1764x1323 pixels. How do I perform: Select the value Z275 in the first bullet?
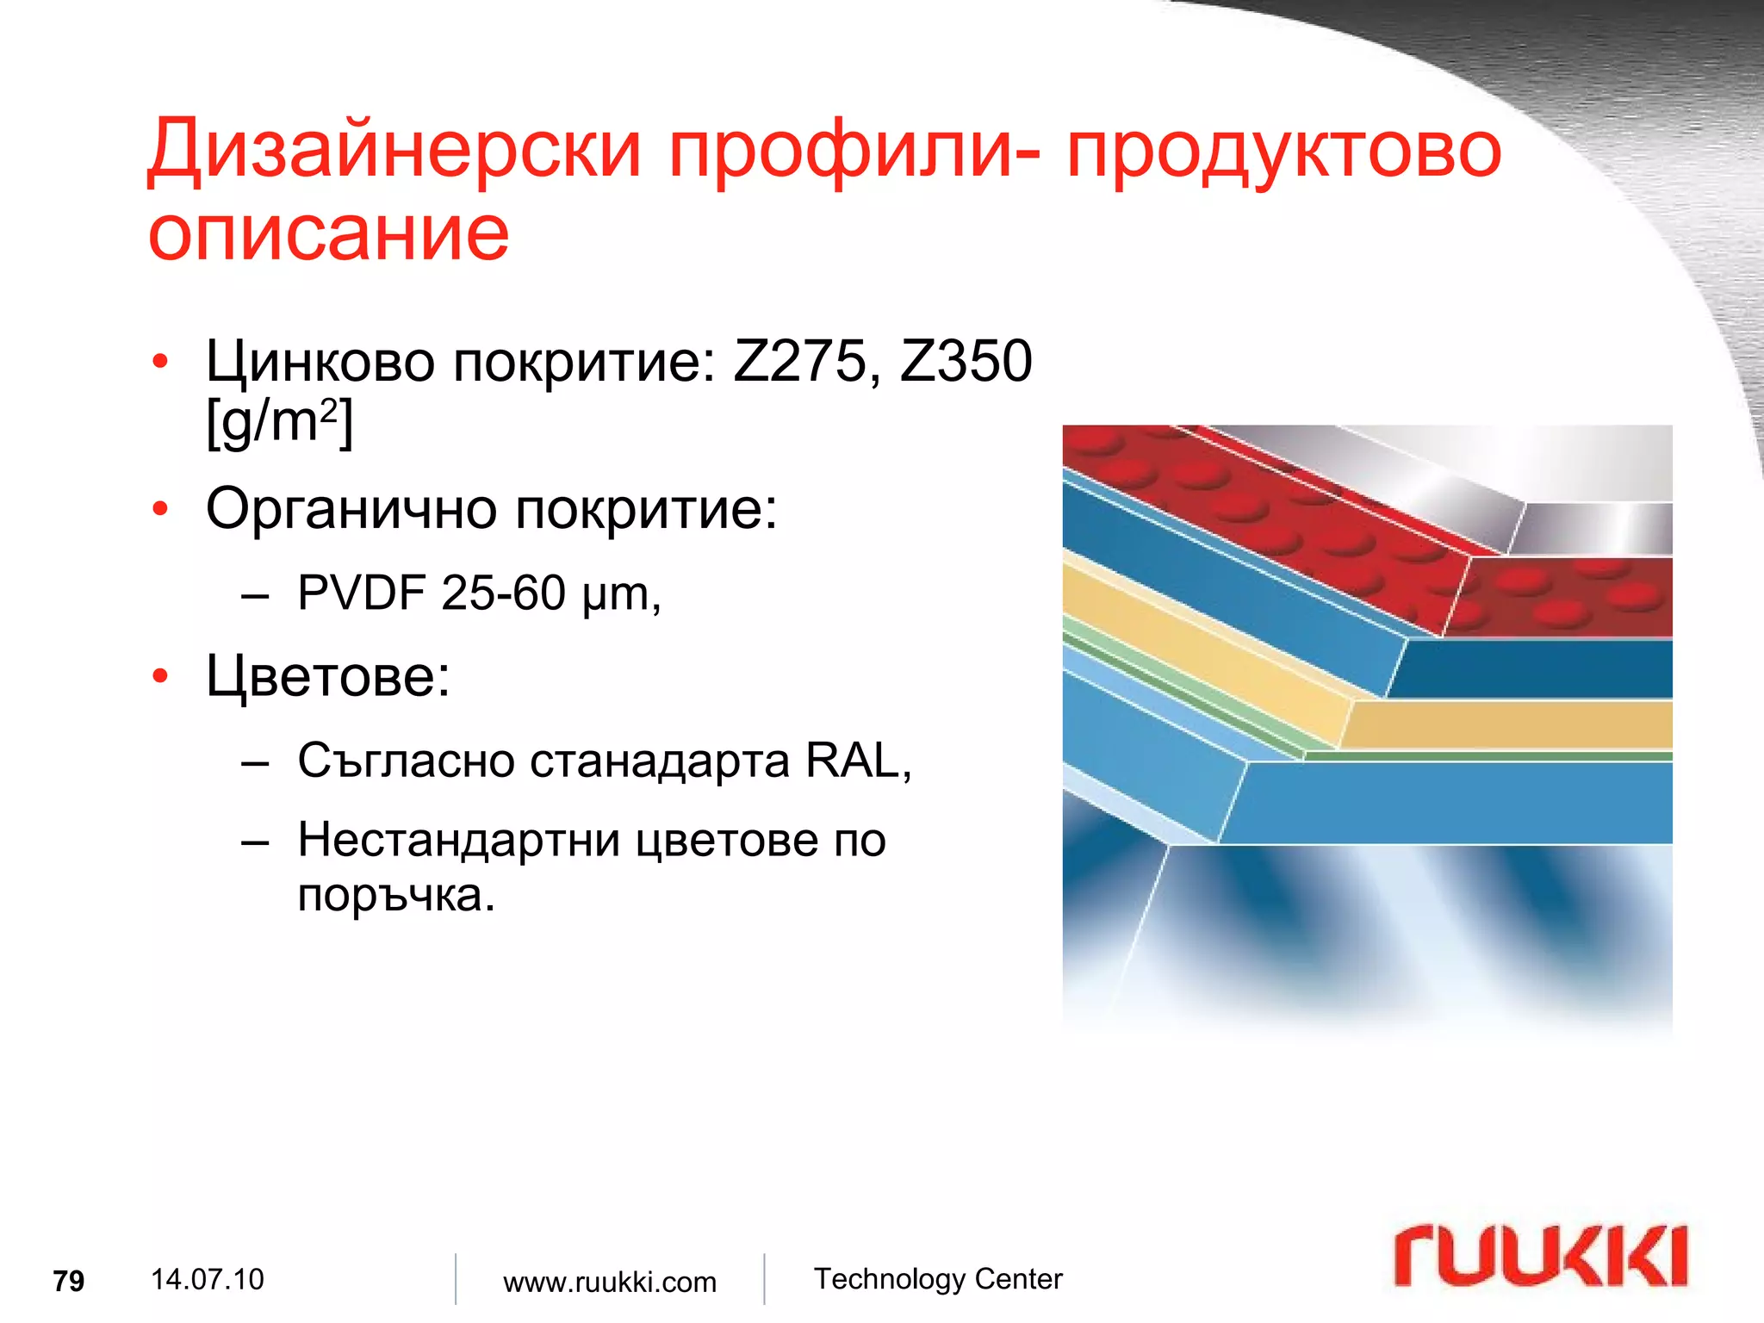pos(799,361)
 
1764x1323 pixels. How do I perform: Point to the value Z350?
pos(966,361)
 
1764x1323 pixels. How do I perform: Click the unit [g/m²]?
pos(279,423)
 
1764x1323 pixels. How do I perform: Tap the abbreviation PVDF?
pos(362,593)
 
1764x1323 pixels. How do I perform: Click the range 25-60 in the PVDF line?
pos(503,593)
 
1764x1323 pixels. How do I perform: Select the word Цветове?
pos(328,676)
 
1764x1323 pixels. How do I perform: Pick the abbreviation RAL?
pos(851,761)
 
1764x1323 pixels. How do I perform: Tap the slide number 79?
pos(69,1282)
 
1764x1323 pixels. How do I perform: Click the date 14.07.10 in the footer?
pos(207,1279)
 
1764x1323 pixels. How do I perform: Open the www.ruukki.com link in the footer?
pos(610,1282)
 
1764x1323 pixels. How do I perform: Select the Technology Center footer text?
pos(938,1279)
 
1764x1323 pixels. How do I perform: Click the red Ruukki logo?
pos(1541,1256)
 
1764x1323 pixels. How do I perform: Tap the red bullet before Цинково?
pos(159,363)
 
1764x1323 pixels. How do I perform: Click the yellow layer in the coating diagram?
pos(1507,724)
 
